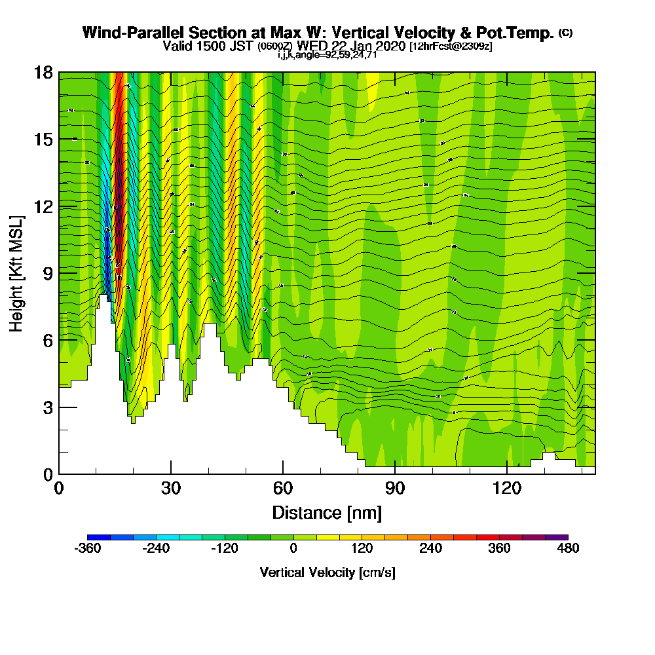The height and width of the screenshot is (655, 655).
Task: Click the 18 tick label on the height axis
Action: click(43, 72)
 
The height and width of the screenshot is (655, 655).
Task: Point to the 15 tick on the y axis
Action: click(43, 140)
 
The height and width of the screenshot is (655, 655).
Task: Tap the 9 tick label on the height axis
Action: click(48, 273)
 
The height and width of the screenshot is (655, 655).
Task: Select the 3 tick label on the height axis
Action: click(48, 407)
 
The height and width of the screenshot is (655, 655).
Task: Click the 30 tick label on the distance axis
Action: click(171, 489)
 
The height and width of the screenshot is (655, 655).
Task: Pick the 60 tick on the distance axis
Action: click(283, 489)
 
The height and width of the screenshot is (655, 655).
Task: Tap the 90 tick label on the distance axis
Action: click(395, 489)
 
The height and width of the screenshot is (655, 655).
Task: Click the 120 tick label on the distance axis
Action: click(507, 489)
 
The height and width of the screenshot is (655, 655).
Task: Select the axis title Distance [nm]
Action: click(327, 512)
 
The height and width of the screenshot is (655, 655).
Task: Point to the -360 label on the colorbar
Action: click(88, 549)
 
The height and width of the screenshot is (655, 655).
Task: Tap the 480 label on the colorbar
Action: click(568, 549)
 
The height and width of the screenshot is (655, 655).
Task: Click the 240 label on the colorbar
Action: click(430, 549)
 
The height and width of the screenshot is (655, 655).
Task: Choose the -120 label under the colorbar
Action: click(225, 549)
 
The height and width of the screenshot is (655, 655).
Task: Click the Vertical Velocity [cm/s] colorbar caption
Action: click(327, 572)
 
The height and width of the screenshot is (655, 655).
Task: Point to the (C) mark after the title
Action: click(565, 32)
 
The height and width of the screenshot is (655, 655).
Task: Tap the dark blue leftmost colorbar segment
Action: click(99, 537)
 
